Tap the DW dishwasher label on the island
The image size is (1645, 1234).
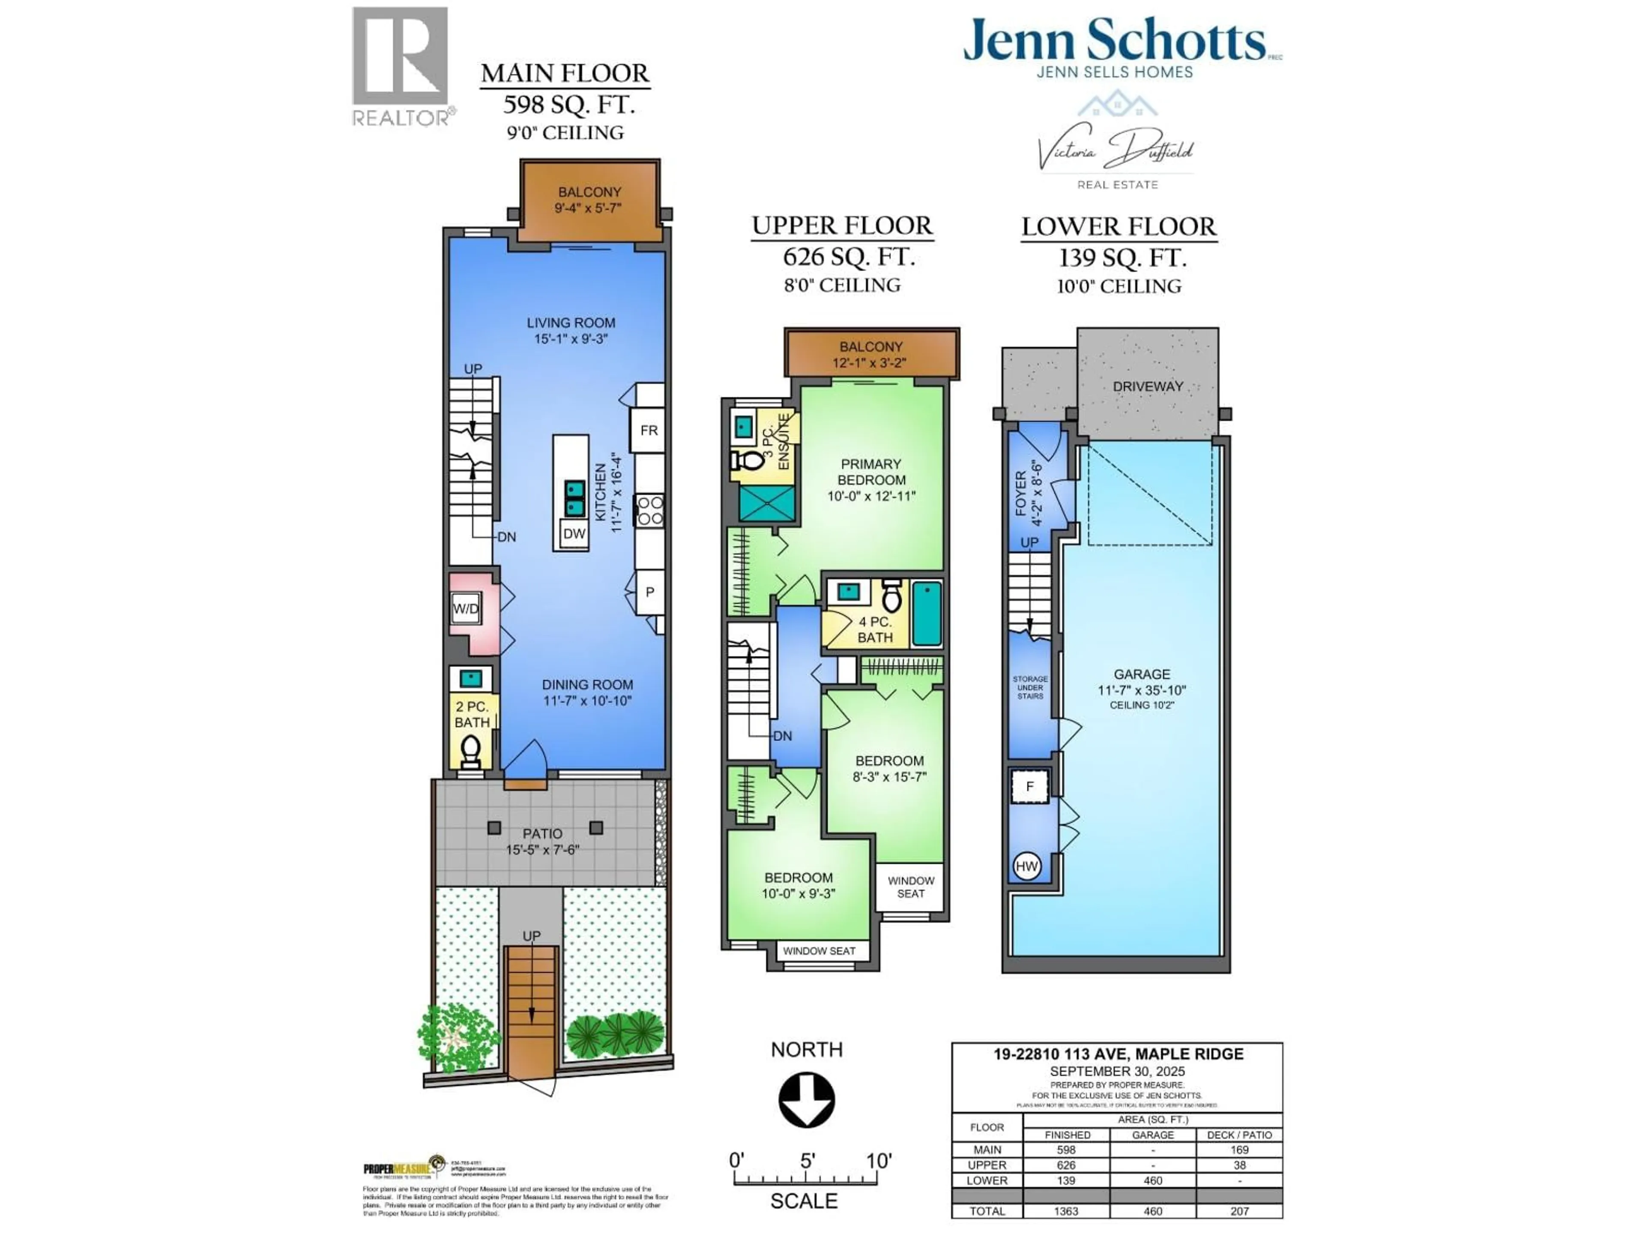pos(573,533)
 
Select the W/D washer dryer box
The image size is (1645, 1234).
pos(466,608)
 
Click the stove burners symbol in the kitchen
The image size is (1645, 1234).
pos(649,511)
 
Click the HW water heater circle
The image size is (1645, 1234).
pos(1026,866)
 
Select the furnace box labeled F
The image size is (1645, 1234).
pos(1029,786)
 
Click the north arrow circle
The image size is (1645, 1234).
pos(806,1099)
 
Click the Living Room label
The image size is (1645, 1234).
pos(571,323)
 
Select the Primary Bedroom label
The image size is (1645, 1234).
pos(871,472)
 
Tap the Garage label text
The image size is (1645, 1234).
pos(1142,674)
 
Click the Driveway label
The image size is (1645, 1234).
pos(1148,386)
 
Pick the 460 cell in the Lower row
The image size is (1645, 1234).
pos(1153,1180)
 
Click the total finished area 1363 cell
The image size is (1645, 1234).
pos(1066,1211)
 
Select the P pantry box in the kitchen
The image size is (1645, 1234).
pos(649,592)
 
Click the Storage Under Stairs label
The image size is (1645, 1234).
pos(1030,687)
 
